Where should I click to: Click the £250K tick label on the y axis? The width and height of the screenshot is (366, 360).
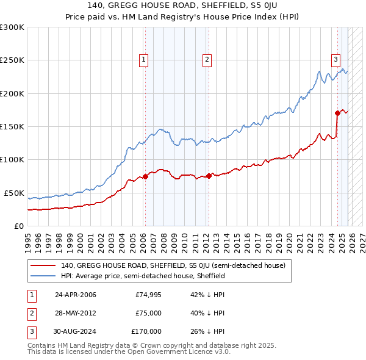click(x=12, y=60)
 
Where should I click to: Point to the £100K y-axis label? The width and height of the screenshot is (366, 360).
click(x=12, y=159)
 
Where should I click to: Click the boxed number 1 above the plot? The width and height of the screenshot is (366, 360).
click(x=143, y=59)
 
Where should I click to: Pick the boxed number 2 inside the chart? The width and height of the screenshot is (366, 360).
click(x=207, y=59)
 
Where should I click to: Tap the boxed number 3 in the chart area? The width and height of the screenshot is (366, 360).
click(x=336, y=59)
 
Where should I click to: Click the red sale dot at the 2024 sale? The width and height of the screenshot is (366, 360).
click(x=337, y=113)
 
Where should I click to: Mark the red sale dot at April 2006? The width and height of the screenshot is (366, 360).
click(x=145, y=177)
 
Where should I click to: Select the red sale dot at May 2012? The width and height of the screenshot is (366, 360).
click(x=209, y=176)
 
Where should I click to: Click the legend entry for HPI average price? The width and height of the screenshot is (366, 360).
click(x=143, y=276)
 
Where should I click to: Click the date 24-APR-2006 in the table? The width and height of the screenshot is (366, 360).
click(x=75, y=295)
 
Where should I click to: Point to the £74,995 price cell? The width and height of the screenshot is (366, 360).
click(x=148, y=295)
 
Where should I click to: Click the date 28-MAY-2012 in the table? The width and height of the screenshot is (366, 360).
click(x=75, y=313)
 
